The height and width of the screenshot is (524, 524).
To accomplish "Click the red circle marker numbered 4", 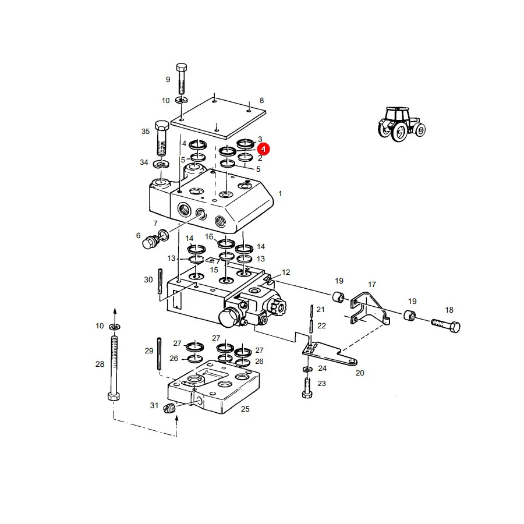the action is coord(263,149).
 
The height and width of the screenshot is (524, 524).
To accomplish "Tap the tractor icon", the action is coord(401,124).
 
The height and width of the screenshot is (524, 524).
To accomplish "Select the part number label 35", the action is coord(146,132).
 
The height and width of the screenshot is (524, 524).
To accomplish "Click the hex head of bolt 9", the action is coord(182,67).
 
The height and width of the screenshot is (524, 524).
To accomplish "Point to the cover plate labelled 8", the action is coord(218,118).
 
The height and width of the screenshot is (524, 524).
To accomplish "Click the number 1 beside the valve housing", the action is coord(280,193).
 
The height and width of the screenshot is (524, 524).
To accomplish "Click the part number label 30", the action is coord(148,279).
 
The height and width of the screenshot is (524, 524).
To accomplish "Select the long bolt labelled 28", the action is coord(114,367).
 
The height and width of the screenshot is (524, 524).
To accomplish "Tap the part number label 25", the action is coord(245,409).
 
